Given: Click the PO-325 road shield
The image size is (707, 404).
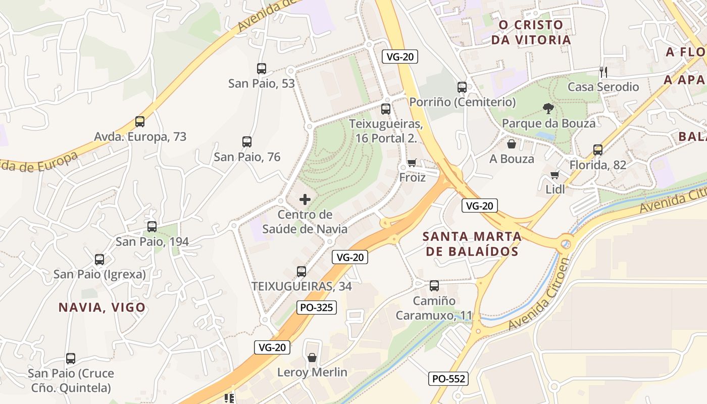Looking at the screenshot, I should pos(316,307).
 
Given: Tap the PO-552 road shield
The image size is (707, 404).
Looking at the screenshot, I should pos(448,378).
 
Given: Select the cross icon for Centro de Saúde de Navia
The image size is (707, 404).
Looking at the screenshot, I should pos(305,199).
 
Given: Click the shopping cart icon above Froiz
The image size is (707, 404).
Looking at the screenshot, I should pos(412,163).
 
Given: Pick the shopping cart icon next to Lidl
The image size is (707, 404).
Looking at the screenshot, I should pos(555,175).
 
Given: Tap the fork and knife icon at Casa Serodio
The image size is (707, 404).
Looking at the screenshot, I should pos(602,72).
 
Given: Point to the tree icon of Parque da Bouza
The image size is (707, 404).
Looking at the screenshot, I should pos(548,108).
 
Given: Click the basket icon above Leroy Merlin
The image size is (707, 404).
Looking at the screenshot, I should pos(312,358).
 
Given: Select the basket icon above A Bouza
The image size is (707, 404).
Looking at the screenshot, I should pos(512,144).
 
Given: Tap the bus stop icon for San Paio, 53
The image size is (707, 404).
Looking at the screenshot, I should pos(261,68).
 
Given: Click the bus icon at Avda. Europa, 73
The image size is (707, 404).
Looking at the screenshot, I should pos(140,122).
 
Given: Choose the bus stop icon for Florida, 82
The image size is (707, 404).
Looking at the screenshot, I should pos(598,150).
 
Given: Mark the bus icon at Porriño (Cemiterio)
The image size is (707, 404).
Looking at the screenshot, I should pos(462,87).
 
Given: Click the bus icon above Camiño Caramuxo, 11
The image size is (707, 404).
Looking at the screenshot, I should pos(434,286).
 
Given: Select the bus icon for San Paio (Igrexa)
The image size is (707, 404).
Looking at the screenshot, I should pos(99,260).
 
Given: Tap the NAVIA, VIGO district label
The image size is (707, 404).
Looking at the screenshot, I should pos(102,307).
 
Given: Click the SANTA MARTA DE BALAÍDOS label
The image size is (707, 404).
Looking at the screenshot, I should pos(472,244).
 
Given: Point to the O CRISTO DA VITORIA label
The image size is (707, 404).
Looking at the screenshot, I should pos(531,32).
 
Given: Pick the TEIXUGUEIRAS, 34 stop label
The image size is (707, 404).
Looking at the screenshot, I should pos(301,286).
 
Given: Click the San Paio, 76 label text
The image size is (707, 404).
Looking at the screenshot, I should pos(247,157).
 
